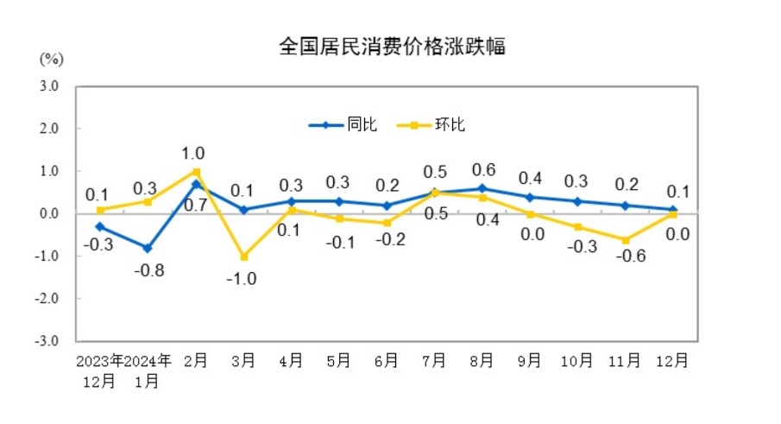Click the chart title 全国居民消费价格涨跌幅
391,47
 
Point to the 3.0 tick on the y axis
47,86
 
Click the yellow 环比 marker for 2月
196,172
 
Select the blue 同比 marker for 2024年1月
148,248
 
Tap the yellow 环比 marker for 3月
243,256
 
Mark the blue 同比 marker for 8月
482,188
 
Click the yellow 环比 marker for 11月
625,239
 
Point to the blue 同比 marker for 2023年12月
100,226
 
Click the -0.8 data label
148,270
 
